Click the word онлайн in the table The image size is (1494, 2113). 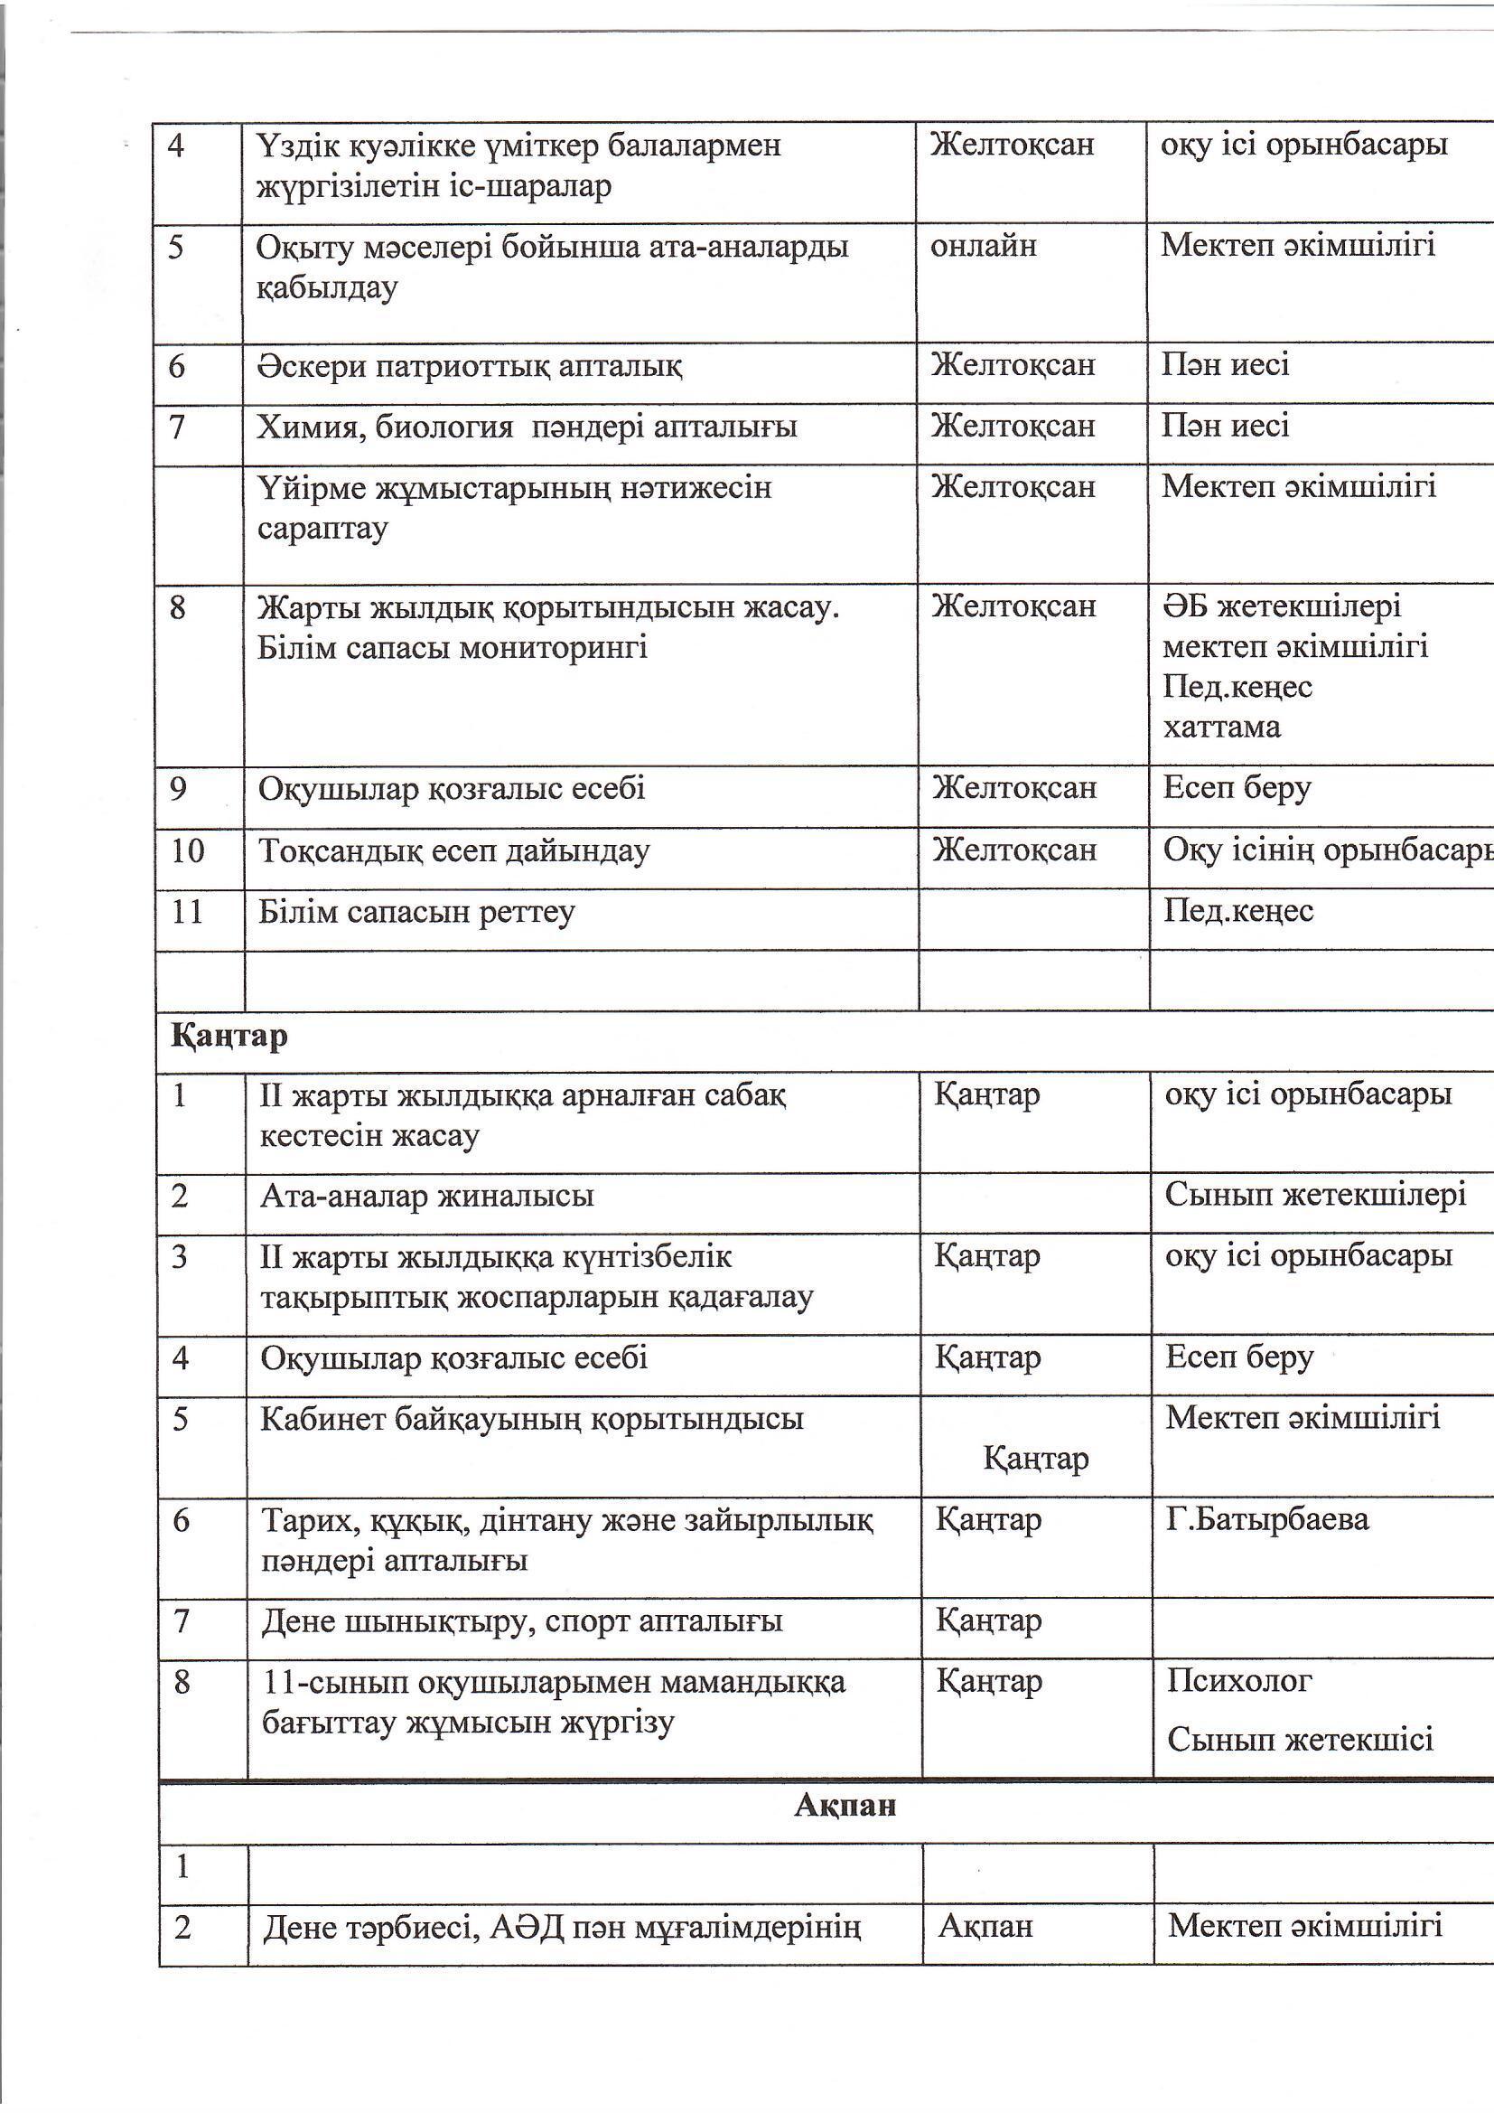point(984,246)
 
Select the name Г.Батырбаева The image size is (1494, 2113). point(1266,1518)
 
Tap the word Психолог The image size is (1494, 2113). point(1239,1680)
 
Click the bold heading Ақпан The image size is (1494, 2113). point(845,1805)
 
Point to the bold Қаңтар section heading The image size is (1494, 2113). point(229,1037)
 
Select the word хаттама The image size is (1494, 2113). point(1221,727)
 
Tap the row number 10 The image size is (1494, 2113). point(188,850)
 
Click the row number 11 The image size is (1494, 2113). point(187,912)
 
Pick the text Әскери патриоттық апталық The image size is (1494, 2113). point(469,366)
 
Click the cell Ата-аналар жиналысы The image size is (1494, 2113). point(427,1196)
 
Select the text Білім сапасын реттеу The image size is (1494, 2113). point(416,912)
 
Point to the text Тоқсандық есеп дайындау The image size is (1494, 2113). point(453,850)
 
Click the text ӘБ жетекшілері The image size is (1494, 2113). point(1282,606)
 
